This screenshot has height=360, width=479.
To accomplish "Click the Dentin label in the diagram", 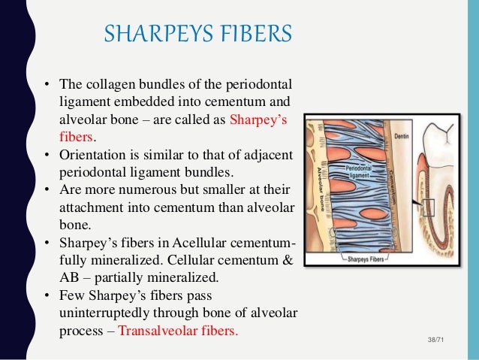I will [x=403, y=137].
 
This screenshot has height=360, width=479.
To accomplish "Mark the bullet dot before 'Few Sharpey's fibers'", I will [x=46, y=295].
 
